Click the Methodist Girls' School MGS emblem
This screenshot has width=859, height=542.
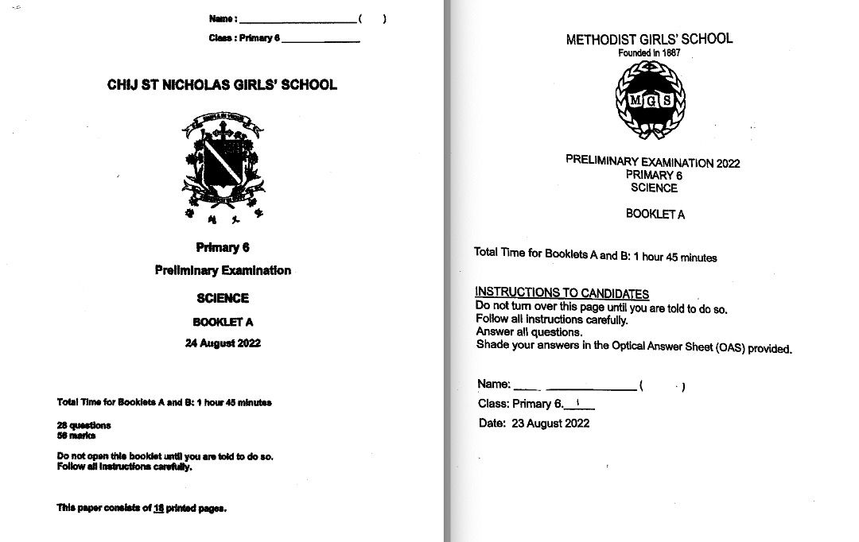pos(651,100)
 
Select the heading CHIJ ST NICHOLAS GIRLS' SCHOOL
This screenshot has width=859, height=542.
pos(222,85)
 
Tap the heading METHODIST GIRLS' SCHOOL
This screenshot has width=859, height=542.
pos(649,39)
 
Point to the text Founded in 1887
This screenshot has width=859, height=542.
pos(649,53)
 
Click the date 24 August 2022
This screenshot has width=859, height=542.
pos(223,343)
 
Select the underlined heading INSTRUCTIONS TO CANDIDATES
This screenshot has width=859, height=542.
pos(562,293)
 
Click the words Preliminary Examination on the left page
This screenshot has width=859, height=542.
pos(223,270)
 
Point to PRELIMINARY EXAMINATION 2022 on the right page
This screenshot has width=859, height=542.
pos(652,161)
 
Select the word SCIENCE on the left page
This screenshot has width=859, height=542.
pos(223,298)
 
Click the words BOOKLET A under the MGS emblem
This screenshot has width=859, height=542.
pos(655,214)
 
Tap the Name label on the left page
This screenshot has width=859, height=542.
pos(223,18)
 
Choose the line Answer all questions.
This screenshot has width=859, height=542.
pos(529,332)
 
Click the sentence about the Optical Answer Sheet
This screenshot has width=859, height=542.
pos(634,346)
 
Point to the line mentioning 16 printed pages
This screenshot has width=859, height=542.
pos(142,508)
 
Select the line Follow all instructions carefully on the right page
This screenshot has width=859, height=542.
pos(551,320)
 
